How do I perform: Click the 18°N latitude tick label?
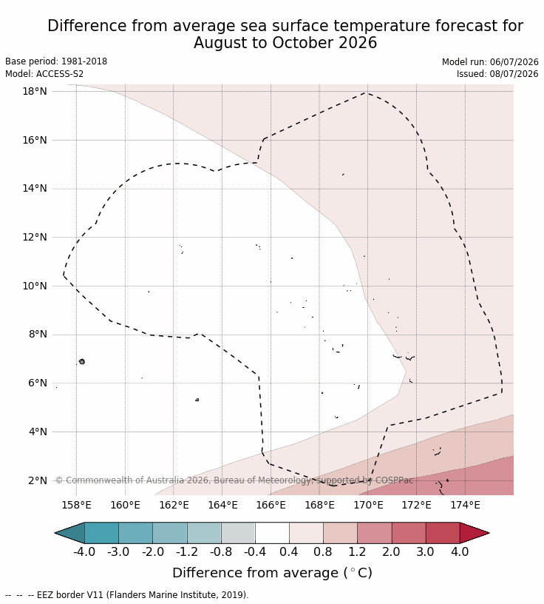(x=34, y=91)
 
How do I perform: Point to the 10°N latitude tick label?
(x=34, y=286)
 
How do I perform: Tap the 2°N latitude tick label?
(x=37, y=480)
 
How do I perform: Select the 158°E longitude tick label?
(x=77, y=505)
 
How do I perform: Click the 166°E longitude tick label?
(x=271, y=505)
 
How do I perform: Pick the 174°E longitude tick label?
(x=465, y=505)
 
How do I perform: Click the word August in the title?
(x=220, y=43)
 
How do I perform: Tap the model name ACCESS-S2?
(x=60, y=73)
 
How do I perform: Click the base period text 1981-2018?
(x=84, y=61)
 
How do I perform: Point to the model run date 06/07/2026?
(x=514, y=62)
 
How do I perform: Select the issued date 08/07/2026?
(x=514, y=73)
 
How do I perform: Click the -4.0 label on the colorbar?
(x=84, y=551)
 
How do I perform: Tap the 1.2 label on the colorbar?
(x=357, y=551)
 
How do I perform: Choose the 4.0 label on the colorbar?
(x=460, y=551)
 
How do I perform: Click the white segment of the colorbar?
(x=272, y=533)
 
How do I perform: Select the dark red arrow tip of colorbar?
(x=474, y=533)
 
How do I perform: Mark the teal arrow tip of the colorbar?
(x=70, y=533)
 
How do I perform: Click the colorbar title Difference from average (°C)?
(x=273, y=573)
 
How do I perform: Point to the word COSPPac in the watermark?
(x=395, y=480)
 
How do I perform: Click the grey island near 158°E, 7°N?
(x=81, y=361)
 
